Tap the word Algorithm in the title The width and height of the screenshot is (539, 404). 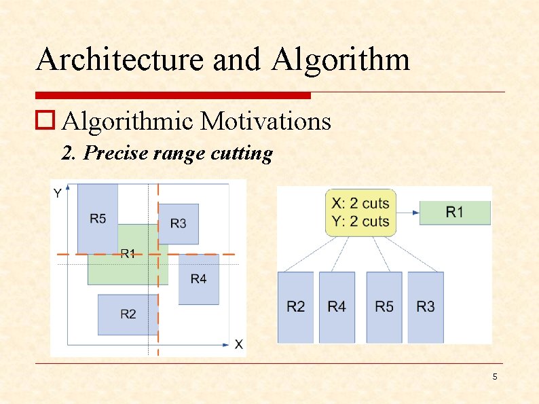[341, 59]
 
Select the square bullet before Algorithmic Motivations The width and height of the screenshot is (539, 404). [45, 122]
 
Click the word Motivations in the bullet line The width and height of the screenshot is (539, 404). [265, 122]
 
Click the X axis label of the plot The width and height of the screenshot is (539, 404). [238, 344]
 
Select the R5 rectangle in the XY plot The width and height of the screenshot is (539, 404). [98, 217]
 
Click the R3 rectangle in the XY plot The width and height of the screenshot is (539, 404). [179, 223]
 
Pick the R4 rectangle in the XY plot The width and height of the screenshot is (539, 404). [198, 279]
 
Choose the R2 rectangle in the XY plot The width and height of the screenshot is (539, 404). [128, 314]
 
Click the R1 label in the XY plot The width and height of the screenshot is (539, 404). [128, 253]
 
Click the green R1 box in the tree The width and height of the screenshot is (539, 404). [455, 213]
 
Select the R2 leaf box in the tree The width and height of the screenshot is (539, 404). [296, 307]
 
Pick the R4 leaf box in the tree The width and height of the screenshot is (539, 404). [337, 307]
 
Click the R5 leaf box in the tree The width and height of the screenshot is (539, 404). [384, 307]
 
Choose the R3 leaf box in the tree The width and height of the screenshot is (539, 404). [426, 307]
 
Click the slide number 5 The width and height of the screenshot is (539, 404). [495, 377]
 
